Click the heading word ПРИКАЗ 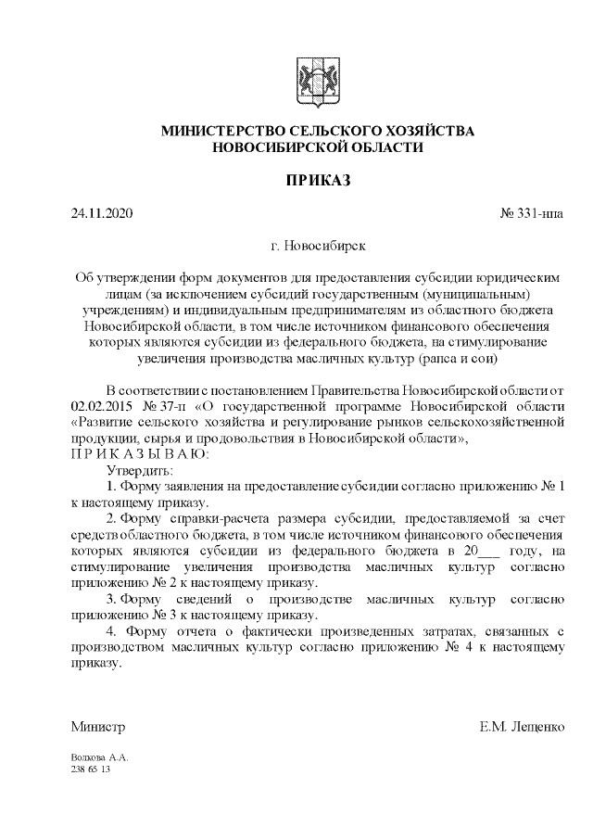click(318, 180)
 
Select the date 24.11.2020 click(102, 214)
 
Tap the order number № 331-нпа click(531, 214)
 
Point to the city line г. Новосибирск click(318, 247)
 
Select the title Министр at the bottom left click(98, 726)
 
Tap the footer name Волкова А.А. click(99, 757)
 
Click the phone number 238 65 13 click(91, 769)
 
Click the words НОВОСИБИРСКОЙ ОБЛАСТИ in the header click(318, 147)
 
